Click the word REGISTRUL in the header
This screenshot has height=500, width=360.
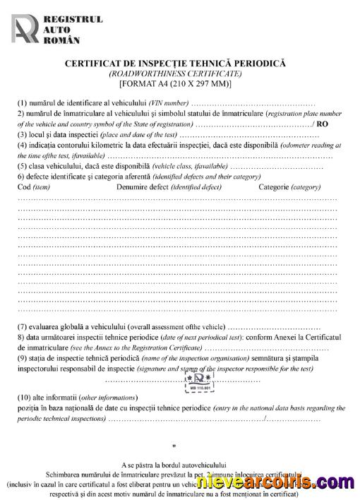[73, 19]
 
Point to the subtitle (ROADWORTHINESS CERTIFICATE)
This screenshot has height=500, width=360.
[175, 73]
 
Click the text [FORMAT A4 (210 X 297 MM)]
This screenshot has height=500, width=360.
[175, 83]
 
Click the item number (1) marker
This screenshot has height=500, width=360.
[23, 104]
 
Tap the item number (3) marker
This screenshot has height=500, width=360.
[23, 134]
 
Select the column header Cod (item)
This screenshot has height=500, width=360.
[33, 187]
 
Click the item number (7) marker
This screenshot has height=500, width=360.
[23, 327]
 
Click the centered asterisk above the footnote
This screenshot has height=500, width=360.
[174, 447]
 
